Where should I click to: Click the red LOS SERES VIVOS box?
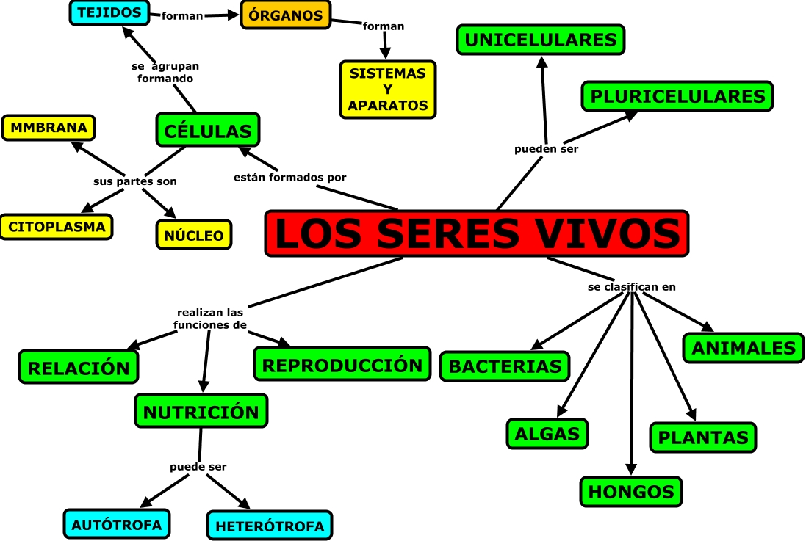[477, 234]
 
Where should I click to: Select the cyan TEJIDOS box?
[109, 12]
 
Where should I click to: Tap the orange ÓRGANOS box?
[286, 15]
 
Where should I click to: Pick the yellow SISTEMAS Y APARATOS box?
[388, 90]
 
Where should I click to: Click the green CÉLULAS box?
[208, 130]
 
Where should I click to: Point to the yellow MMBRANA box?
[49, 128]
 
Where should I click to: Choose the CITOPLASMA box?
[57, 226]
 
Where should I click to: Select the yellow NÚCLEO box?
[194, 235]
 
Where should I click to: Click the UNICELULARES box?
[541, 40]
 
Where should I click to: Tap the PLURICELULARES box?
[677, 95]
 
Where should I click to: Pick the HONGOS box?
[631, 491]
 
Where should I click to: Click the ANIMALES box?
[743, 347]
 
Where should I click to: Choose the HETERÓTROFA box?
[270, 526]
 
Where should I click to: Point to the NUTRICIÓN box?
[201, 411]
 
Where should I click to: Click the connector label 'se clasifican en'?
[631, 287]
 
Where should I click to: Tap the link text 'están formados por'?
[289, 177]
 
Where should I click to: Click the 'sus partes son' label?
[134, 181]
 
